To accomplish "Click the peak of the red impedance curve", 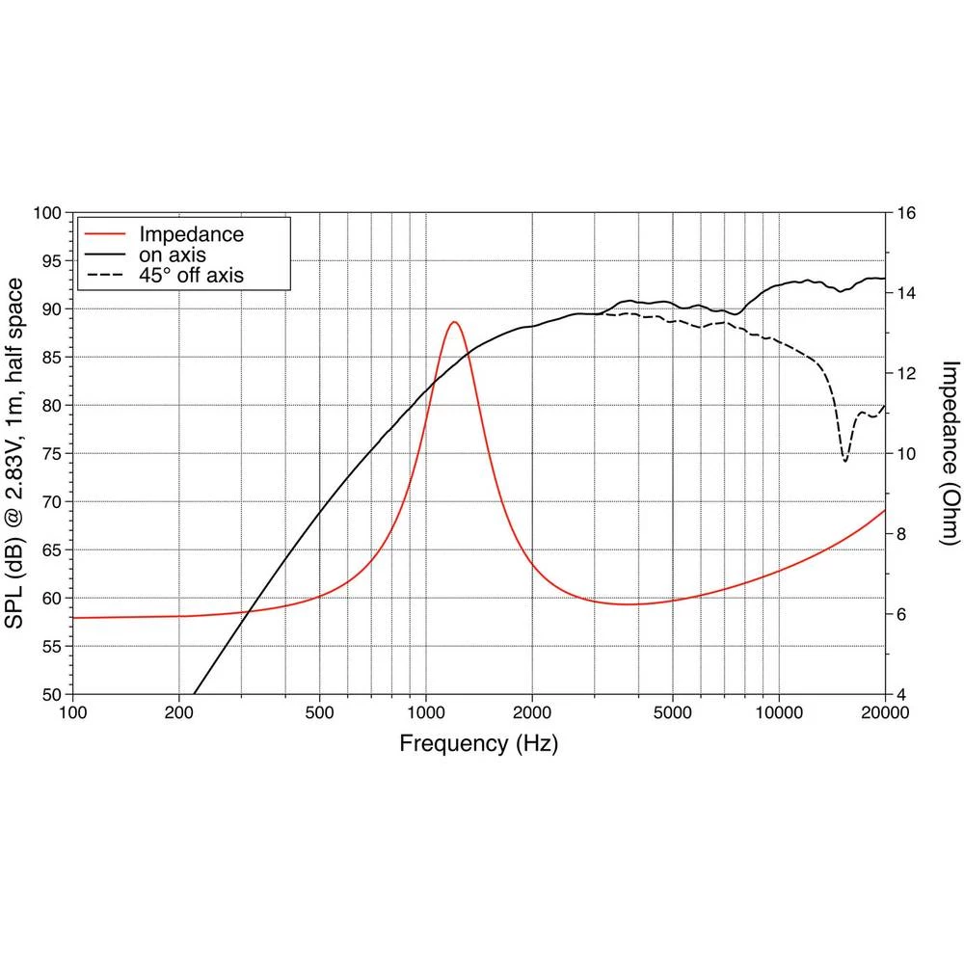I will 454,322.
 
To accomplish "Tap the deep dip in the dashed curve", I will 845,460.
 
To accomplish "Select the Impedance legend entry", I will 191,234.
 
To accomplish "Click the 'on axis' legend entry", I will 173,254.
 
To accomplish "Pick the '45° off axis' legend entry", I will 191,276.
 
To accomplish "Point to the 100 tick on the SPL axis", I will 47,212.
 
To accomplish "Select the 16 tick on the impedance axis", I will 906,212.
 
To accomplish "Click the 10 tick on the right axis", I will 906,453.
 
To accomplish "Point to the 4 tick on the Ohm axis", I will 901,694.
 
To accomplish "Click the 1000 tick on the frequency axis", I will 426,713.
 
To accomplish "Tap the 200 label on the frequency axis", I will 179,713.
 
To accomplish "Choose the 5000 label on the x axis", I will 673,713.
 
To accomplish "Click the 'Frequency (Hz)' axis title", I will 478,743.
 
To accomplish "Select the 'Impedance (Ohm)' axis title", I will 951,453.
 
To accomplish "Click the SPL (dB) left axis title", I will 15,453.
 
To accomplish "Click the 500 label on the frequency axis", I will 319,713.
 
